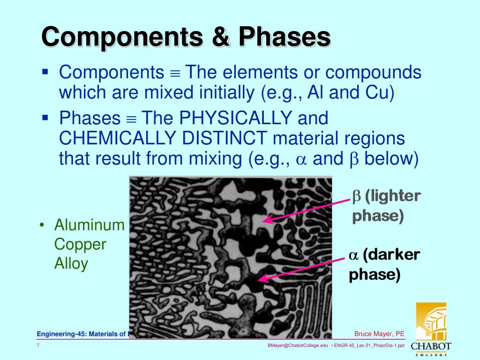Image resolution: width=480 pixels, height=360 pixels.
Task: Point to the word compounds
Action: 374,73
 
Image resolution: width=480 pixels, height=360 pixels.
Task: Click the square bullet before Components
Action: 45,72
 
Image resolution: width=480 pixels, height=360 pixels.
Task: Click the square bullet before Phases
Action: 45,117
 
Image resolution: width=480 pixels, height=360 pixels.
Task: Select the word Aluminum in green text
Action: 89,225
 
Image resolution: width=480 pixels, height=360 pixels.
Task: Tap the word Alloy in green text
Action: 71,263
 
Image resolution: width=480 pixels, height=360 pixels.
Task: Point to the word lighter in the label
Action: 393,196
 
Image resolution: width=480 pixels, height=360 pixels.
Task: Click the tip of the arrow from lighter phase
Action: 263,221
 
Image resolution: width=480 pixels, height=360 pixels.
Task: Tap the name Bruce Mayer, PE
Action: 379,334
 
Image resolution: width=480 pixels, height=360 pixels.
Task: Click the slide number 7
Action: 38,345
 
